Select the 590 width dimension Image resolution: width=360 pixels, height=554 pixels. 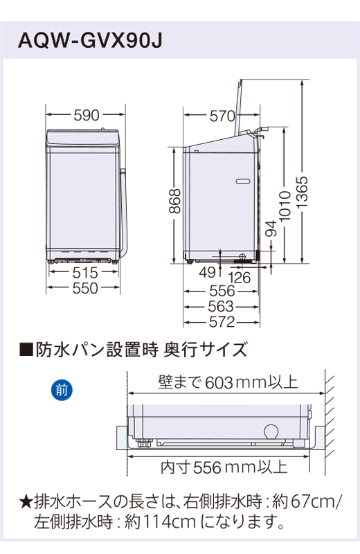tap(86, 116)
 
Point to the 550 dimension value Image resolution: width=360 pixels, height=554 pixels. tap(85, 289)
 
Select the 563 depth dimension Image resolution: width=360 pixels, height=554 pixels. tap(222, 307)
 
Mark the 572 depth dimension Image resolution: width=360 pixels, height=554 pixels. tap(222, 321)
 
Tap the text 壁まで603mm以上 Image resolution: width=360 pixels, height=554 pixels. tap(228, 382)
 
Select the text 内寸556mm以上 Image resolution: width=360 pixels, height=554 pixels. tap(224, 467)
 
